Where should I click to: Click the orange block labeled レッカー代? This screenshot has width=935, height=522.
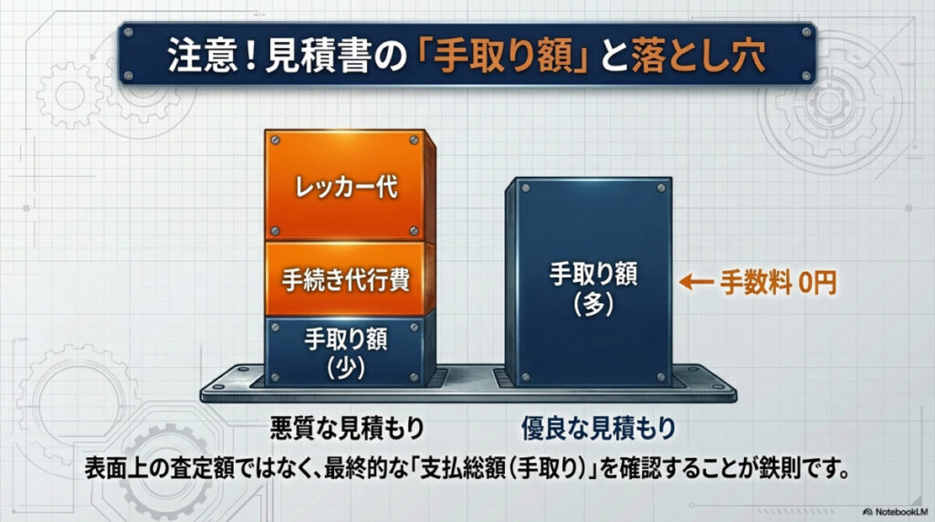point(344,186)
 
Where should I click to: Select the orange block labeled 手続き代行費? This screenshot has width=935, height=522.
point(344,279)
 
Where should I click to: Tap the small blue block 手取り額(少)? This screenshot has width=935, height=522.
point(344,352)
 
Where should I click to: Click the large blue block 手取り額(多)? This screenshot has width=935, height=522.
point(587,283)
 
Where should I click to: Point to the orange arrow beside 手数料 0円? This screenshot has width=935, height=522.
point(699,283)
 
